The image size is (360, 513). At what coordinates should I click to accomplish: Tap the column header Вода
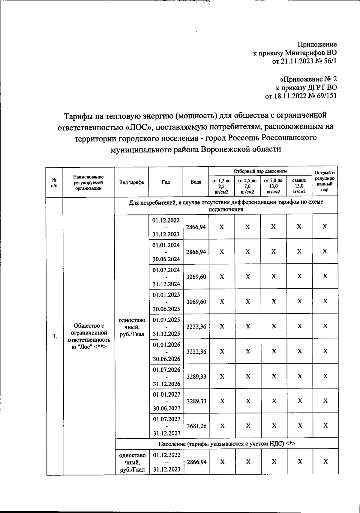196,182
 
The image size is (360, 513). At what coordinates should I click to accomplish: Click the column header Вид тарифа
131,182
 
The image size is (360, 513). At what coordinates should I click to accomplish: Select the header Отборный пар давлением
260,171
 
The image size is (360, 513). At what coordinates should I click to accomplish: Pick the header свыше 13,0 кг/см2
299,186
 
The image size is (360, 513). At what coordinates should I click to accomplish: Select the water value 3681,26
196,425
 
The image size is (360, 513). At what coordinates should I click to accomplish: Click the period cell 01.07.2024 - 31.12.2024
166,277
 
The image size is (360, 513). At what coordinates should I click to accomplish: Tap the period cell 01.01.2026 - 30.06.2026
166,352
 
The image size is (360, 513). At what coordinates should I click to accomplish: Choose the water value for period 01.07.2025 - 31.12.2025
196,326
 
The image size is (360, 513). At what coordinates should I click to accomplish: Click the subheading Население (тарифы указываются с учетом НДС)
227,444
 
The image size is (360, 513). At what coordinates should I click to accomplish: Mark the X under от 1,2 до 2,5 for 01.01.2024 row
221,252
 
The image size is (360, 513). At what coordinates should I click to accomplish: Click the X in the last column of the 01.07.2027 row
325,425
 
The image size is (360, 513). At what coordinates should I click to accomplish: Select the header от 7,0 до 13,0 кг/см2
273,186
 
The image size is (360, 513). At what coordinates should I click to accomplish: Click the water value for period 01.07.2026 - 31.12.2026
196,376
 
